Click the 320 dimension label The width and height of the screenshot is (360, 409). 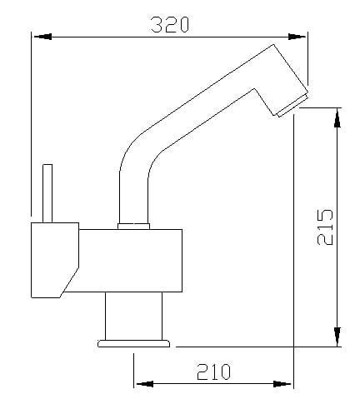[170, 24]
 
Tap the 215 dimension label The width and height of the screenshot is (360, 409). [325, 227]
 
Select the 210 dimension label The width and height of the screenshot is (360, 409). [213, 372]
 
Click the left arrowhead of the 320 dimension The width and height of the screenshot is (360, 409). [42, 37]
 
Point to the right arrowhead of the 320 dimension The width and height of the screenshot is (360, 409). [297, 37]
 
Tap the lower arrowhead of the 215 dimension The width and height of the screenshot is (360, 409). [337, 337]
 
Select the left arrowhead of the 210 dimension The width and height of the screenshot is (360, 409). [144, 384]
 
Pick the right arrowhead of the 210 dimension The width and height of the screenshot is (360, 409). [282, 384]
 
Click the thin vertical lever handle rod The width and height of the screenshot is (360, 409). [47, 193]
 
